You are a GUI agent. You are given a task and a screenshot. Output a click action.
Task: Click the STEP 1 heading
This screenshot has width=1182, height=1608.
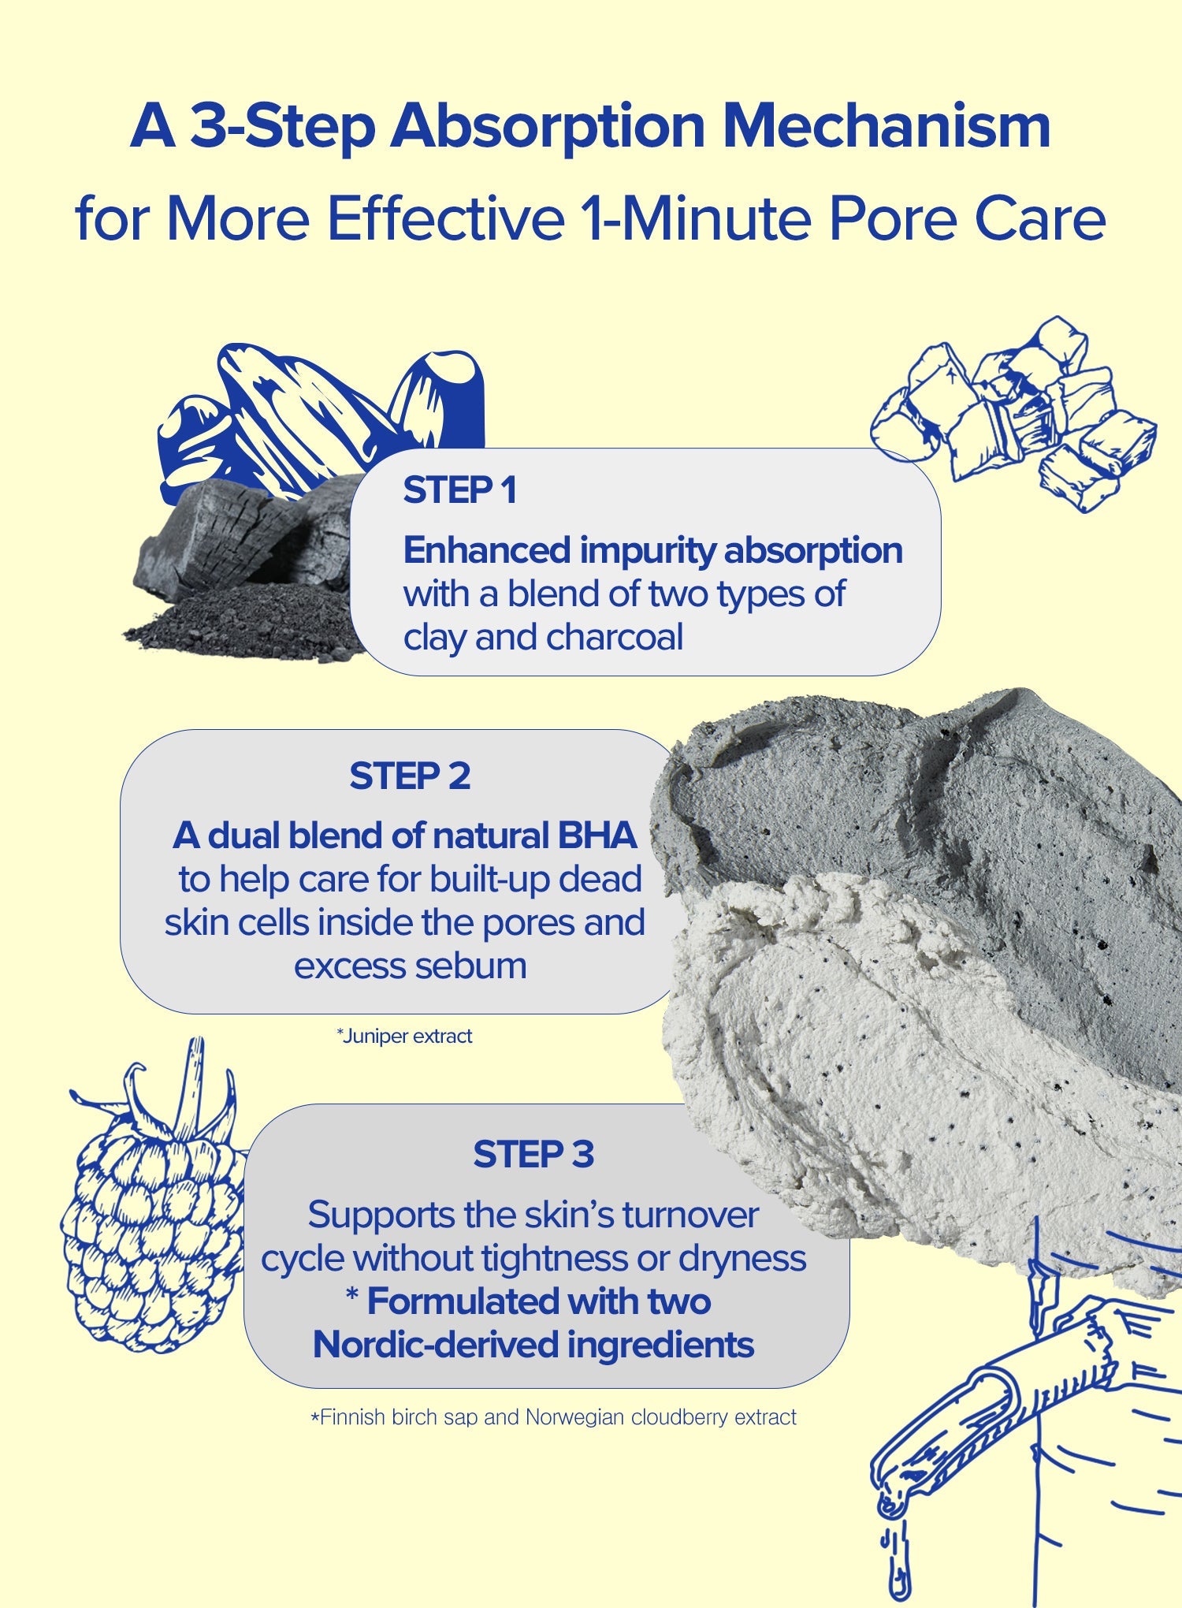(460, 490)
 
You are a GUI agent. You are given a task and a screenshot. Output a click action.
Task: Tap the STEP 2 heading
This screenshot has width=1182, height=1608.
(410, 776)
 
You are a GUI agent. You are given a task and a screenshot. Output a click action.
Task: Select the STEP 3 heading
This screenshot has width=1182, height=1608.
(533, 1155)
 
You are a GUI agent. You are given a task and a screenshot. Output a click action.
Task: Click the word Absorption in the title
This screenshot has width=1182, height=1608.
(548, 127)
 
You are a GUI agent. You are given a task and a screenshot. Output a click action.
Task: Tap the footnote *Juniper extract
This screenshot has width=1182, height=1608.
(404, 1036)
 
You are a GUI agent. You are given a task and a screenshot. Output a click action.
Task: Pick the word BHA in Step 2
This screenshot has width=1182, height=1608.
(597, 836)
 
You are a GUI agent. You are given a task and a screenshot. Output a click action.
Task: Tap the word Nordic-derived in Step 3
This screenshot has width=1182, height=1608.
(436, 1345)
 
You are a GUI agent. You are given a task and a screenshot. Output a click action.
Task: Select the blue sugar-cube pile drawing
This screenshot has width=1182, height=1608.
(1013, 414)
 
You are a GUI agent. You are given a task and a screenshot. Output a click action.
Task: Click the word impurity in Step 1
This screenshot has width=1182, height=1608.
(649, 551)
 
